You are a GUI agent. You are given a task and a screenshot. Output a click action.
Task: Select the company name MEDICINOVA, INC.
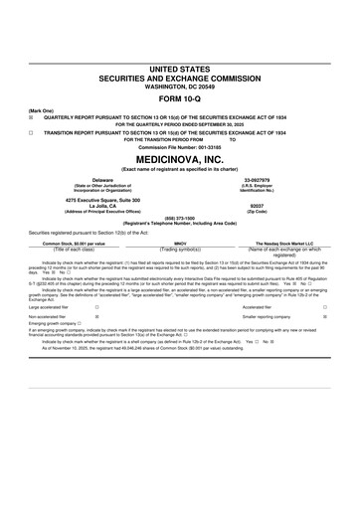[x=180, y=158]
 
